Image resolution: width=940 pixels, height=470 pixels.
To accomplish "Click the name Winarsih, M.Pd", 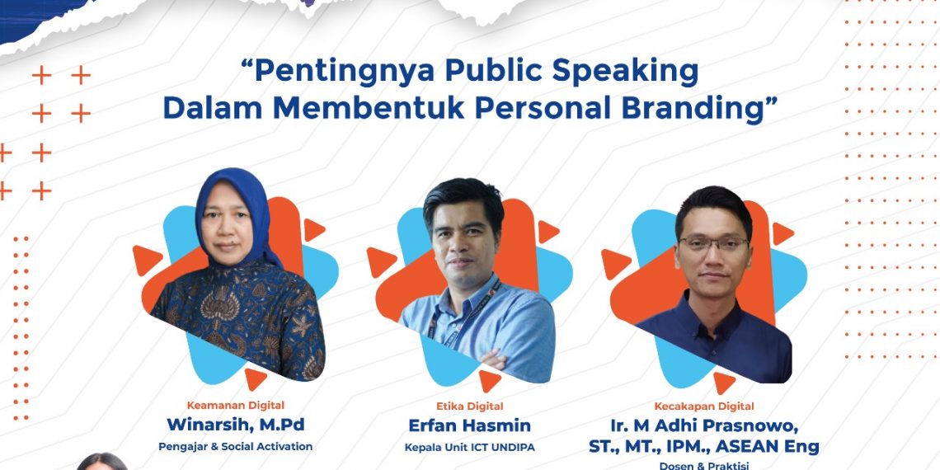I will (235, 425).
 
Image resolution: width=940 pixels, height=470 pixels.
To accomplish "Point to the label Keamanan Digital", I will (235, 405).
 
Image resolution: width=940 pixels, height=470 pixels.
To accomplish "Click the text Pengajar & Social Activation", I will (235, 446).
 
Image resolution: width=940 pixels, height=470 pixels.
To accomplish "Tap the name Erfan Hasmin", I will (470, 425).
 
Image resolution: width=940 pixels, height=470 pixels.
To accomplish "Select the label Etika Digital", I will (470, 406).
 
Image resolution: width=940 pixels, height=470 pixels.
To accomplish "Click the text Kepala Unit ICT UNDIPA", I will (470, 448).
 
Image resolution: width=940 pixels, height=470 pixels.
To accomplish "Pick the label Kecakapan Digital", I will (704, 406).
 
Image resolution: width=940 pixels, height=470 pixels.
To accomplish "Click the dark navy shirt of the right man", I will (717, 338).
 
